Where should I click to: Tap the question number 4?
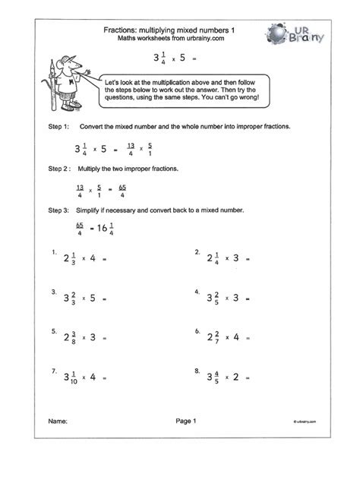pos(197,292)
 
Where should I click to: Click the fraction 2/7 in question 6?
pos(224,336)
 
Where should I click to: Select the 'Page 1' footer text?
pos(186,441)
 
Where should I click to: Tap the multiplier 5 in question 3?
pos(104,297)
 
